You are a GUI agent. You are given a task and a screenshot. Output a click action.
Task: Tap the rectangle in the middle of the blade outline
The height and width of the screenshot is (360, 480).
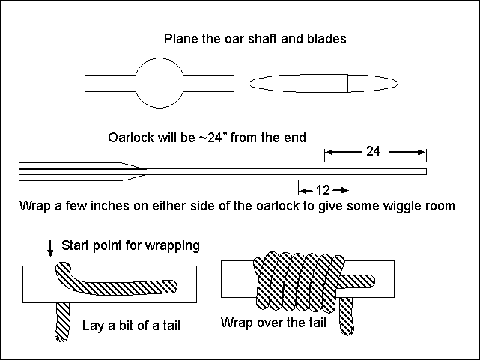pos(323,82)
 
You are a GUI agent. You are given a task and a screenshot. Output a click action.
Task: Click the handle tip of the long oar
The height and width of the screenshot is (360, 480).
pos(425,173)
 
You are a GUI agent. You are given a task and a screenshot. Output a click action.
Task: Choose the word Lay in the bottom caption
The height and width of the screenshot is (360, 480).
pos(91,326)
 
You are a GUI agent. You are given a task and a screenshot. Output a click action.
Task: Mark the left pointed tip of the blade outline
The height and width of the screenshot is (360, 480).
pos(249,82)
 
